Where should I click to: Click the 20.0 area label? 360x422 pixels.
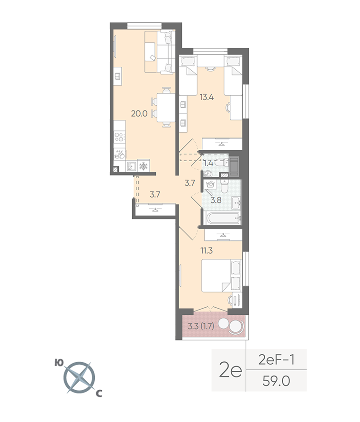(x=139, y=114)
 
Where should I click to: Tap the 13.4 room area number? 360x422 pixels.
(x=207, y=97)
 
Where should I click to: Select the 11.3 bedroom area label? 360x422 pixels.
(x=207, y=250)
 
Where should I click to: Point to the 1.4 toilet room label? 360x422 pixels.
(x=208, y=163)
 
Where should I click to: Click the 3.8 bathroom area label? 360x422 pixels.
(x=216, y=200)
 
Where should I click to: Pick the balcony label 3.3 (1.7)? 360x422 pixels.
(x=201, y=327)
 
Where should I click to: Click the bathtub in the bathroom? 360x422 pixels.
(x=222, y=218)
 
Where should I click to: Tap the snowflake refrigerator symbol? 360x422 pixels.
(x=144, y=165)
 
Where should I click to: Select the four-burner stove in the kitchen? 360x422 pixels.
(x=119, y=138)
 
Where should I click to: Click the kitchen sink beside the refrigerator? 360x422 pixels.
(x=132, y=166)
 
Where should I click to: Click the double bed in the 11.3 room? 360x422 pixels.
(x=222, y=275)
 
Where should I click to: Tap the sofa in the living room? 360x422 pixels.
(x=160, y=52)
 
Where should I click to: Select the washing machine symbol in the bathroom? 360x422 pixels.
(x=210, y=185)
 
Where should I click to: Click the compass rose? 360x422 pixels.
(x=79, y=377)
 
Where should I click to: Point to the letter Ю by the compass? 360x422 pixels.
(x=59, y=363)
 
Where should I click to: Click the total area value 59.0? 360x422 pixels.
(x=276, y=381)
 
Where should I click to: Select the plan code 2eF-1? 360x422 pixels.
(x=276, y=359)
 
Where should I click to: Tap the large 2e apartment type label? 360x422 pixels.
(x=230, y=370)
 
